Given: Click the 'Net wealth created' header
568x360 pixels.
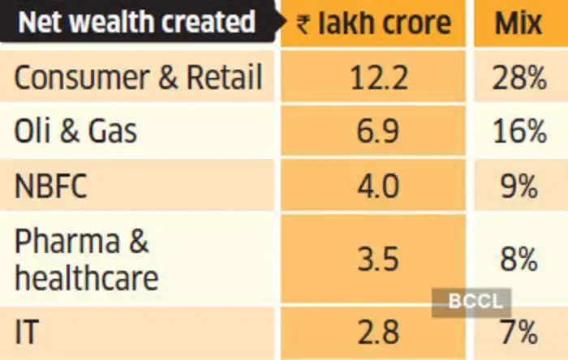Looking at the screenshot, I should click(x=136, y=22).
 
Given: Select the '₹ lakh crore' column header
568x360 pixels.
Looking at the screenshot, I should click(x=374, y=23).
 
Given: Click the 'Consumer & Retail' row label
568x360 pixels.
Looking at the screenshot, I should click(x=139, y=78).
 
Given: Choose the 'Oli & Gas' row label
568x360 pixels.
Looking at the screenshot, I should click(x=76, y=131).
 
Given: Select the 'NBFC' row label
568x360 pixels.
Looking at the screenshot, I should click(x=51, y=186).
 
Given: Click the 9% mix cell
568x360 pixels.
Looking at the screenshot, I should click(x=519, y=186).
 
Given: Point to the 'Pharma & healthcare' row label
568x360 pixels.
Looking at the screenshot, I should click(x=86, y=259).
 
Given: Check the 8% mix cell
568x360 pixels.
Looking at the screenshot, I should click(x=519, y=259).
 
